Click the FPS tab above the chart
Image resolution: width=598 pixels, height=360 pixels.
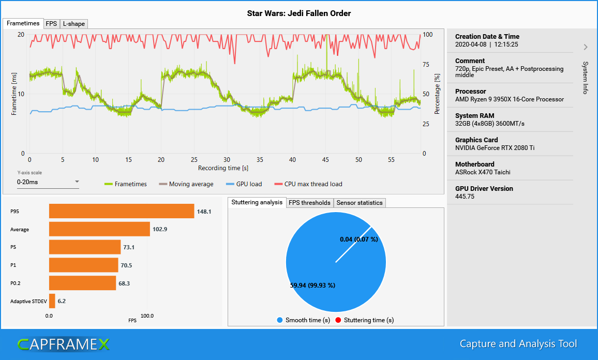[51, 24]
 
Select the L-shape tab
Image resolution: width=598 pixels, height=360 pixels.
[73, 24]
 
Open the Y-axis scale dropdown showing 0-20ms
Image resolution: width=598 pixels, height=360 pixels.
[48, 182]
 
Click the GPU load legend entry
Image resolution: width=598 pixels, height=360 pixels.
[244, 184]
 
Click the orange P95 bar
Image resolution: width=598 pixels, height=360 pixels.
[122, 211]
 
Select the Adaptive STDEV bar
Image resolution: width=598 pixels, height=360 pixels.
[52, 301]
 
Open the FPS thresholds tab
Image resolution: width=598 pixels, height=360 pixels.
[309, 203]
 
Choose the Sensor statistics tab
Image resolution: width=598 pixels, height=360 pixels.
[360, 203]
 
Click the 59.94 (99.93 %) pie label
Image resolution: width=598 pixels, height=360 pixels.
[312, 285]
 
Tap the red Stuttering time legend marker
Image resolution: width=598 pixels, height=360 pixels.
[338, 320]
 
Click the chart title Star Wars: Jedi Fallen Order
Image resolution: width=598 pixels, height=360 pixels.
[298, 13]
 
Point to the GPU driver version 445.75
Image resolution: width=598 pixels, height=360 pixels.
[464, 197]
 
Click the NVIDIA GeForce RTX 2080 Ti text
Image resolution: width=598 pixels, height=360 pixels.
[495, 148]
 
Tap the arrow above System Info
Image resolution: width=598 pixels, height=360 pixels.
[586, 47]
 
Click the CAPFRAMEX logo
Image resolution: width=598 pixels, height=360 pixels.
[63, 344]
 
